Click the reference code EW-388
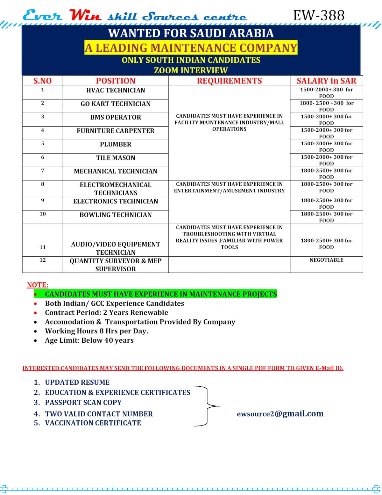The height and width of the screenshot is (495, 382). [319, 15]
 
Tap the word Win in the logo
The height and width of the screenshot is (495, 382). [85, 15]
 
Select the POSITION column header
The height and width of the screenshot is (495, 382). [116, 81]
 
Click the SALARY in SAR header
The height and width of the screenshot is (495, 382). [326, 81]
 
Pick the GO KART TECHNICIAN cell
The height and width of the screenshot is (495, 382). [116, 104]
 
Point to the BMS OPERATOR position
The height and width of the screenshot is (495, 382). [116, 117]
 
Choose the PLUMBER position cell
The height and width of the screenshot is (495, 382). [116, 144]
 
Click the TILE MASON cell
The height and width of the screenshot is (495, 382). [116, 158]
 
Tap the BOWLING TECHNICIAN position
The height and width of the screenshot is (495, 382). [116, 215]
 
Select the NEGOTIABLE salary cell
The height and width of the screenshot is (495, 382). [326, 260]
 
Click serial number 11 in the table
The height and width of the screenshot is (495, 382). [43, 247]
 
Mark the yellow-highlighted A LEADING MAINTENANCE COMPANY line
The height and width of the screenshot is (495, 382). [191, 48]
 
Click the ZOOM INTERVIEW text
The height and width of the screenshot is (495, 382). [191, 70]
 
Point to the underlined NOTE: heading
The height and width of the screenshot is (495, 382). [38, 285]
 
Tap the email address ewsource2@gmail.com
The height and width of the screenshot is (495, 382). [280, 413]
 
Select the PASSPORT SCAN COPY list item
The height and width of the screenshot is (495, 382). [83, 403]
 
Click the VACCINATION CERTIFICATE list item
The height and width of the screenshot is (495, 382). [93, 423]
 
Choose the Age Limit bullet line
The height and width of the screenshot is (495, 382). [89, 340]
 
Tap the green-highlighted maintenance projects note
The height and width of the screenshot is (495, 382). [161, 294]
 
